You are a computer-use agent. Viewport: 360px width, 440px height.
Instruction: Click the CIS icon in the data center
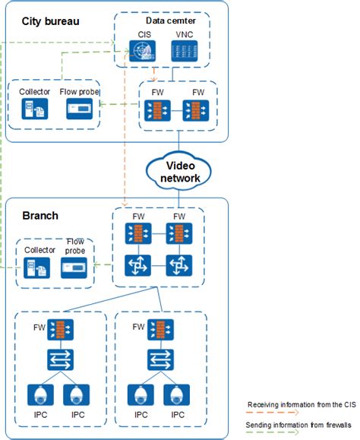pyautogui.click(x=142, y=51)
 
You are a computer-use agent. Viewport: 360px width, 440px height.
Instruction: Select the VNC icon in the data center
pyautogui.click(x=185, y=51)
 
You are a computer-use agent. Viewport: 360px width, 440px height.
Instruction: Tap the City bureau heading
pyautogui.click(x=50, y=21)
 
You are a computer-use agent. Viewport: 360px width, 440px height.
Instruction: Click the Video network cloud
pyautogui.click(x=178, y=172)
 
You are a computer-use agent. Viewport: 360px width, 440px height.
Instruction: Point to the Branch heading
pyautogui.click(x=40, y=216)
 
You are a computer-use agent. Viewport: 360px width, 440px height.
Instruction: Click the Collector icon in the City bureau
pyautogui.click(x=35, y=109)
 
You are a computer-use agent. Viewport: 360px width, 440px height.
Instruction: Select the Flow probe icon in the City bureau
pyautogui.click(x=79, y=109)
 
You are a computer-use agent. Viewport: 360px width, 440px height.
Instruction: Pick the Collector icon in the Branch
pyautogui.click(x=36, y=268)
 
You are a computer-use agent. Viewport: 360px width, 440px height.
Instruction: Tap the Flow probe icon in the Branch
pyautogui.click(x=74, y=268)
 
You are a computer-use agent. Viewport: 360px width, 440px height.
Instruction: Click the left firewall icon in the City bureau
pyautogui.click(x=157, y=110)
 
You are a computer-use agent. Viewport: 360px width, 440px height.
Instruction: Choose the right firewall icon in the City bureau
pyautogui.click(x=196, y=110)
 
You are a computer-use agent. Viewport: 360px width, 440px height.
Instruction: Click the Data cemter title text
pyautogui.click(x=171, y=21)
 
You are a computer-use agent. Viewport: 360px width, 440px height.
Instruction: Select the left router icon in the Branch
pyautogui.click(x=137, y=265)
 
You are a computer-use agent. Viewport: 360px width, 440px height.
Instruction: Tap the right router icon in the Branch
pyautogui.click(x=179, y=265)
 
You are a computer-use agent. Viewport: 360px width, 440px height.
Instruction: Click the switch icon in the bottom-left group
pyautogui.click(x=60, y=359)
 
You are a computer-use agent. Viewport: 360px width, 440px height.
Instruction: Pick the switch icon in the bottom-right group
pyautogui.click(x=160, y=359)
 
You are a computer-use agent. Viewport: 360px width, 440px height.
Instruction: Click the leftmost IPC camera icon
pyautogui.click(x=40, y=395)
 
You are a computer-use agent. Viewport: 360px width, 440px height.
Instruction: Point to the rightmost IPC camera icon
pyautogui.click(x=177, y=395)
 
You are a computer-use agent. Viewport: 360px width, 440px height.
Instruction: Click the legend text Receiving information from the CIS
pyautogui.click(x=302, y=404)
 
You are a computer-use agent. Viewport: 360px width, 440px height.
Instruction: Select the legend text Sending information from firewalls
pyautogui.click(x=298, y=425)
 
